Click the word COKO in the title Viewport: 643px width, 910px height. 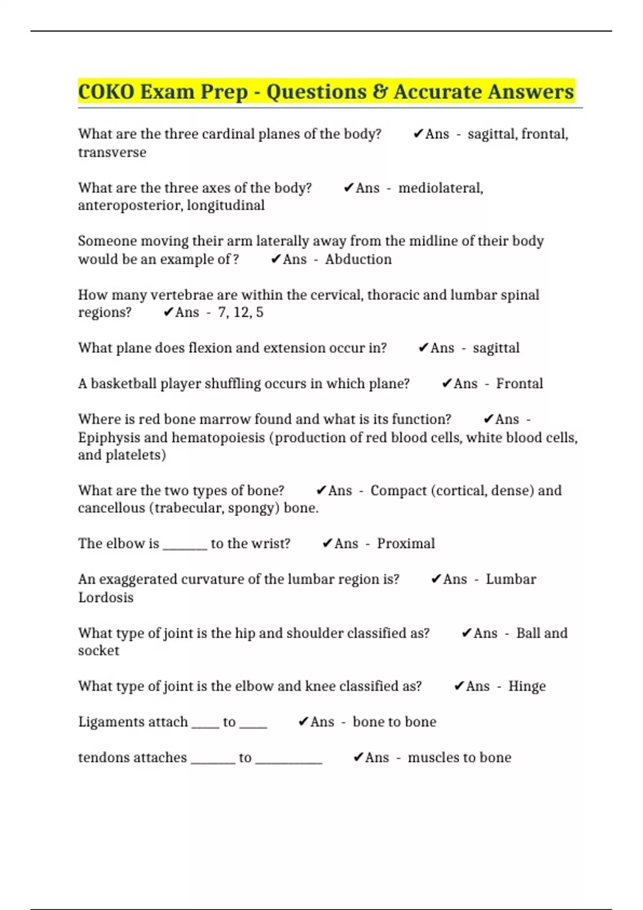pyautogui.click(x=106, y=92)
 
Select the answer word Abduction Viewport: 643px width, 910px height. pyautogui.click(x=358, y=259)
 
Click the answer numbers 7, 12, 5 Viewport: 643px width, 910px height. pyautogui.click(x=241, y=312)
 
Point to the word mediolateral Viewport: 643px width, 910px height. pyautogui.click(x=440, y=188)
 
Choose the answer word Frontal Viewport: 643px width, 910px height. pyautogui.click(x=519, y=383)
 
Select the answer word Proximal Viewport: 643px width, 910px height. pyautogui.click(x=406, y=543)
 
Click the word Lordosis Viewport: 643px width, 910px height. pyautogui.click(x=106, y=597)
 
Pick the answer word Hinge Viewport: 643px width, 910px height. pyautogui.click(x=527, y=686)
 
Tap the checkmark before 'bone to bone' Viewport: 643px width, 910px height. pyautogui.click(x=303, y=722)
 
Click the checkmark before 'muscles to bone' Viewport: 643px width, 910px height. pyautogui.click(x=358, y=757)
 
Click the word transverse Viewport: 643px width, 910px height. pyautogui.click(x=112, y=153)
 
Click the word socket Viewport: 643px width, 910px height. pyautogui.click(x=99, y=651)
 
